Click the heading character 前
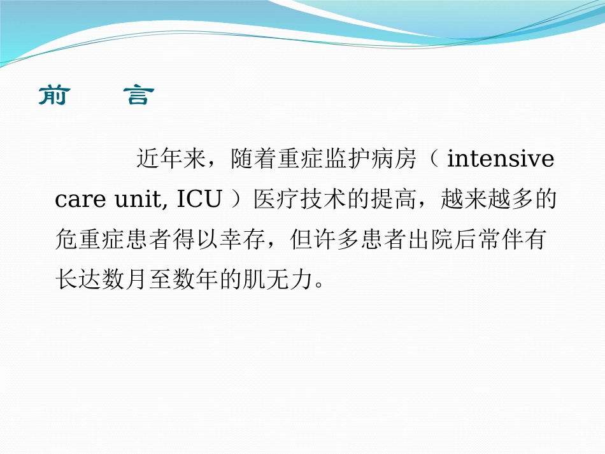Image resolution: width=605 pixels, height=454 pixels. [x=53, y=96]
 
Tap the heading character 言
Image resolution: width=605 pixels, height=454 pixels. [x=137, y=96]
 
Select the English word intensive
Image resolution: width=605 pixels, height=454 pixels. [x=501, y=159]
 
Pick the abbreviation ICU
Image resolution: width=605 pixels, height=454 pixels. [x=199, y=200]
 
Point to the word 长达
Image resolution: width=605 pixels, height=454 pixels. [x=79, y=281]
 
